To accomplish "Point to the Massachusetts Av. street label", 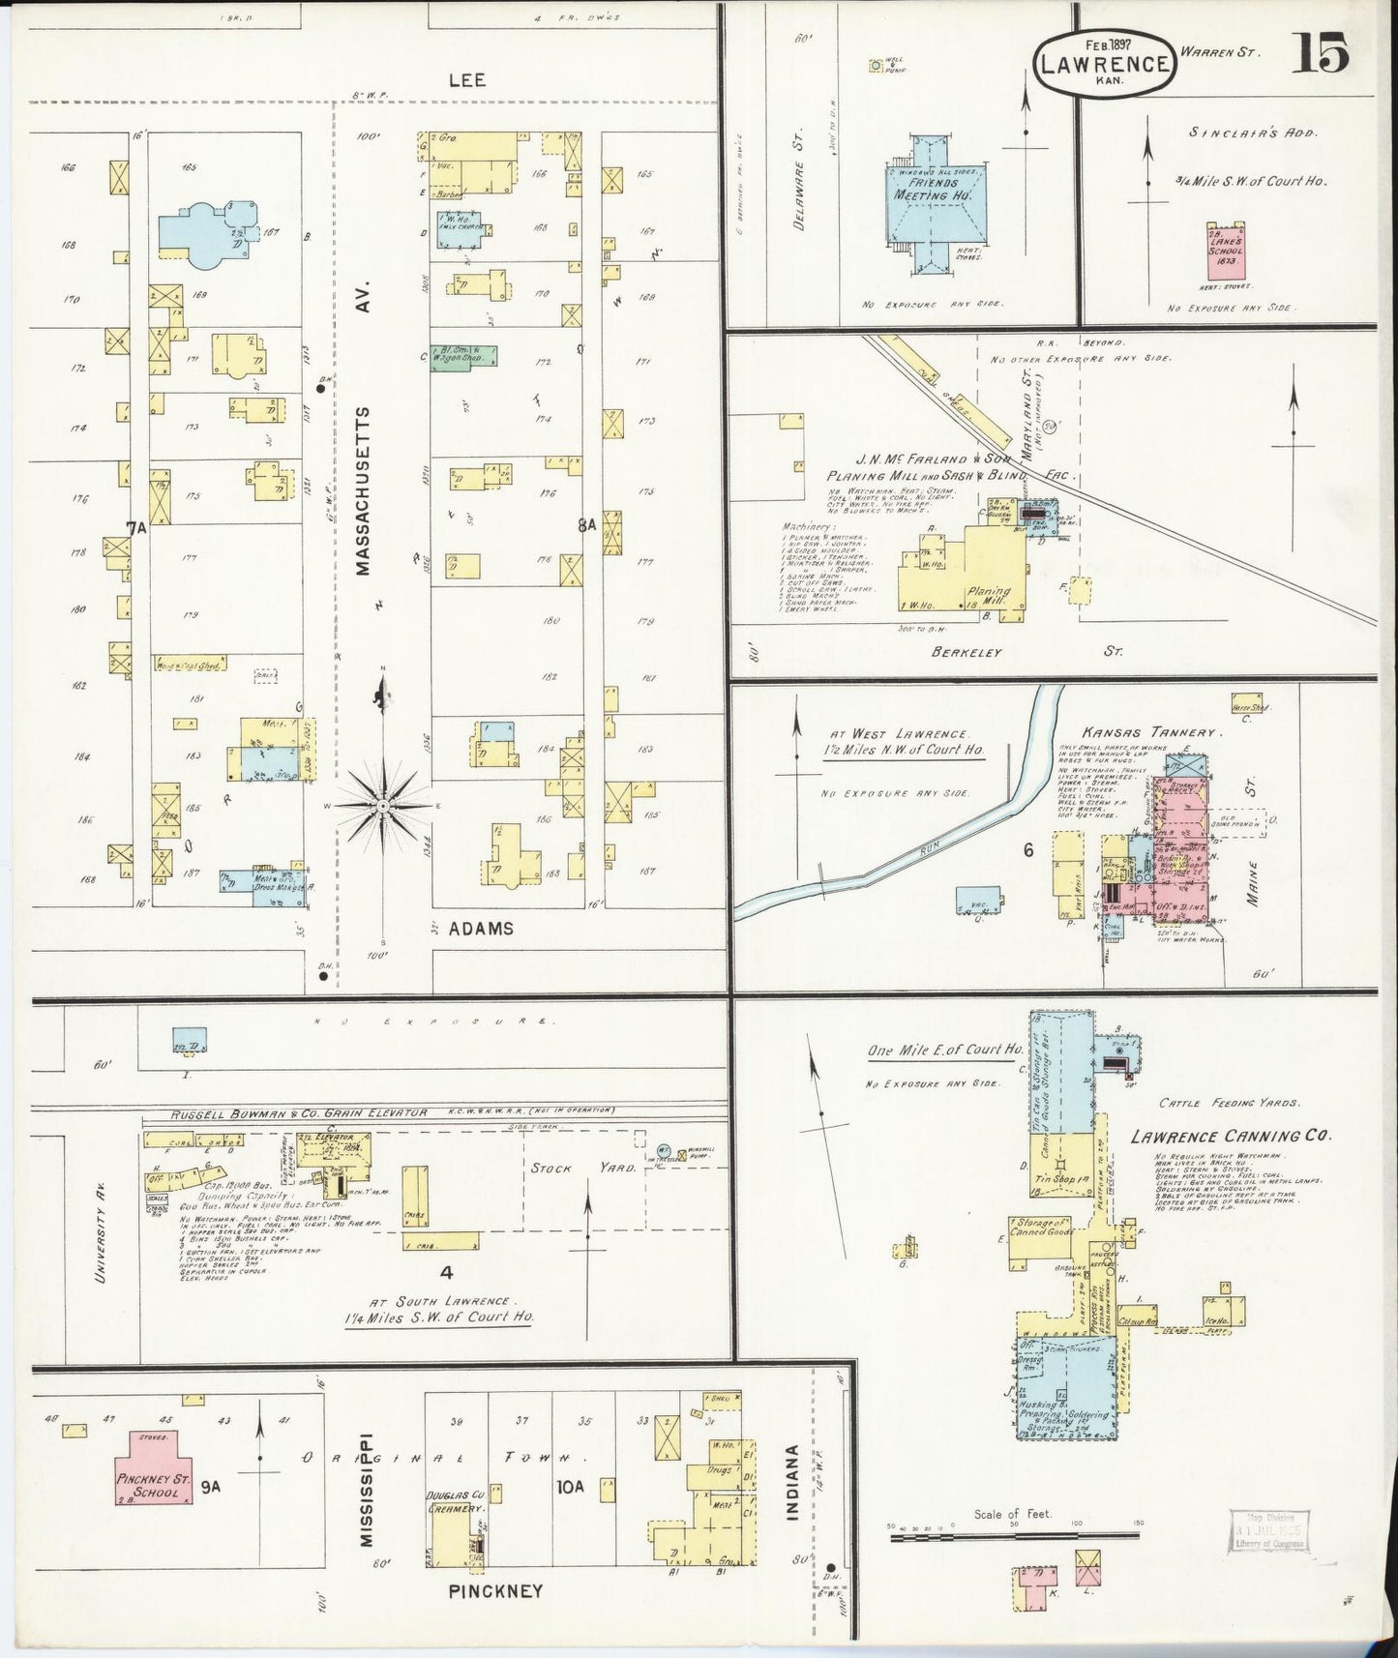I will (363, 491).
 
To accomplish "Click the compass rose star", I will (383, 805).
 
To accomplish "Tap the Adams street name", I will (481, 929).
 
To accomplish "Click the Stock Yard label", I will (582, 1168).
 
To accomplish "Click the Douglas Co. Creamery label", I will (456, 1501).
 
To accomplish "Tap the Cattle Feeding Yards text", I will (1217, 1103).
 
